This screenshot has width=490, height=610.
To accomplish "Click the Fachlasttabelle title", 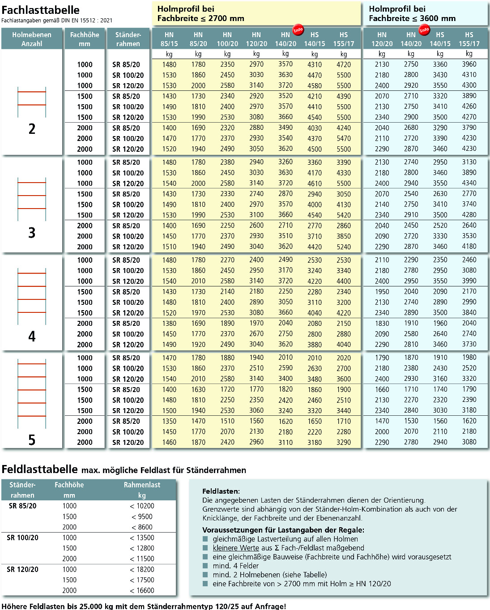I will point(41,10).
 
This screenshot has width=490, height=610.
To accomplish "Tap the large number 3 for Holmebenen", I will point(32,233).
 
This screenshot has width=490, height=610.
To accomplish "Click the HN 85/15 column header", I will point(169,39).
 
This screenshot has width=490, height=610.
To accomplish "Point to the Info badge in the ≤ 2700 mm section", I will point(298,30).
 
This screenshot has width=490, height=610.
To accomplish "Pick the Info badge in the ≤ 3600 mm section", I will point(424,30).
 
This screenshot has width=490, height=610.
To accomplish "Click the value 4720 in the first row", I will point(344,64).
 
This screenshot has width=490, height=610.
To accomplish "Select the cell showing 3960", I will point(469,64).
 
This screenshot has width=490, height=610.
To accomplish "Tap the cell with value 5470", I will point(344,139).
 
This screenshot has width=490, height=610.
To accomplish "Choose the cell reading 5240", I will point(344,247).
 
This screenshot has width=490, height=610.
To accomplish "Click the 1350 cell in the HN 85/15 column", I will point(169,421).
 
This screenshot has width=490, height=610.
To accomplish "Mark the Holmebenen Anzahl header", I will point(32,39).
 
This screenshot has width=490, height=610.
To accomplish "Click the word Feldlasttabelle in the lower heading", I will point(40,469).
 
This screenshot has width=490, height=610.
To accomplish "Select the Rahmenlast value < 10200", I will point(142,506).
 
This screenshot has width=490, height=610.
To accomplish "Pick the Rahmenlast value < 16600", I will point(142,591).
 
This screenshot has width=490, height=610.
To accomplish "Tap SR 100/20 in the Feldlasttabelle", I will point(22,538).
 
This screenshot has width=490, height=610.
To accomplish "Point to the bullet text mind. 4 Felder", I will point(236,566).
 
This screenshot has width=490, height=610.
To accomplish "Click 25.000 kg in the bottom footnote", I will point(87,606).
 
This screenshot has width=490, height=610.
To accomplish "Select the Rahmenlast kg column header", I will point(142,490).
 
